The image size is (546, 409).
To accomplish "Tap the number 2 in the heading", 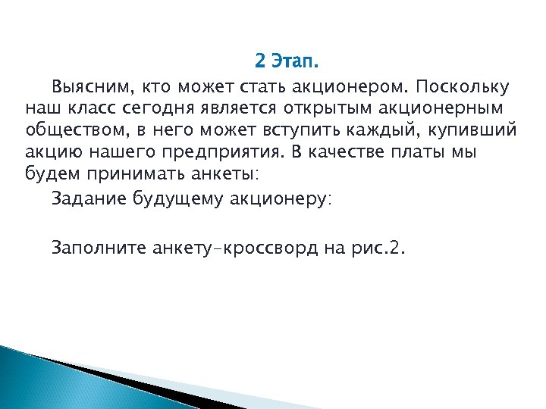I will click(260, 61).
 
